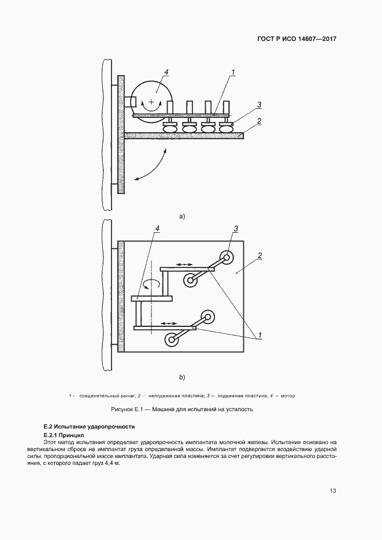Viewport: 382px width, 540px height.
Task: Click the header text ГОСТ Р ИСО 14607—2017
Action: [x=296, y=39]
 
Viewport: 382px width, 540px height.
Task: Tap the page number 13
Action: [x=333, y=491]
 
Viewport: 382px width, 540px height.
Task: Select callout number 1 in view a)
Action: [x=233, y=72]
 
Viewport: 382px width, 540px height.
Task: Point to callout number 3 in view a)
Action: [x=260, y=105]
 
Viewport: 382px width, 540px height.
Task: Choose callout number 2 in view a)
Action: [x=260, y=121]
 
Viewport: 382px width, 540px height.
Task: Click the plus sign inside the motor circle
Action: [x=151, y=102]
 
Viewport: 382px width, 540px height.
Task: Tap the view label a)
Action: [x=181, y=217]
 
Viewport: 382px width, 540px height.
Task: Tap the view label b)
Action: [x=181, y=377]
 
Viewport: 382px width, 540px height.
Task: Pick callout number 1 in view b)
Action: [x=260, y=334]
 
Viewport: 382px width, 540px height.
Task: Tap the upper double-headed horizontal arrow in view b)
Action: [x=185, y=264]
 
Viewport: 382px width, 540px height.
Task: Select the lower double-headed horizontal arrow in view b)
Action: [x=169, y=323]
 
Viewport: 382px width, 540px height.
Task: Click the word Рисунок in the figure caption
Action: [x=124, y=409]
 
